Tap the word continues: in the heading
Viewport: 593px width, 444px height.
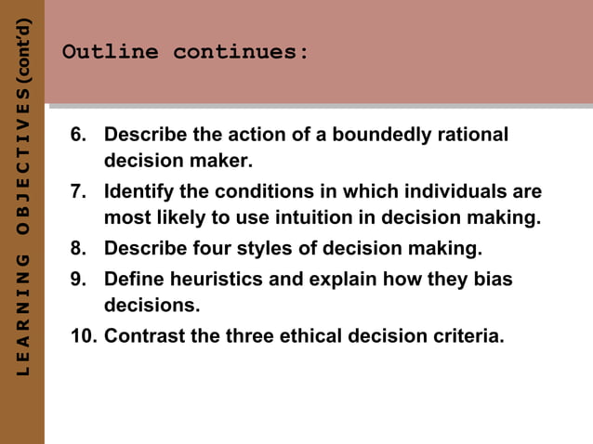click(241, 52)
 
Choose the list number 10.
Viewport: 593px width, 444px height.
click(84, 335)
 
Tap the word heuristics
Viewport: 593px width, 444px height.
click(207, 279)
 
